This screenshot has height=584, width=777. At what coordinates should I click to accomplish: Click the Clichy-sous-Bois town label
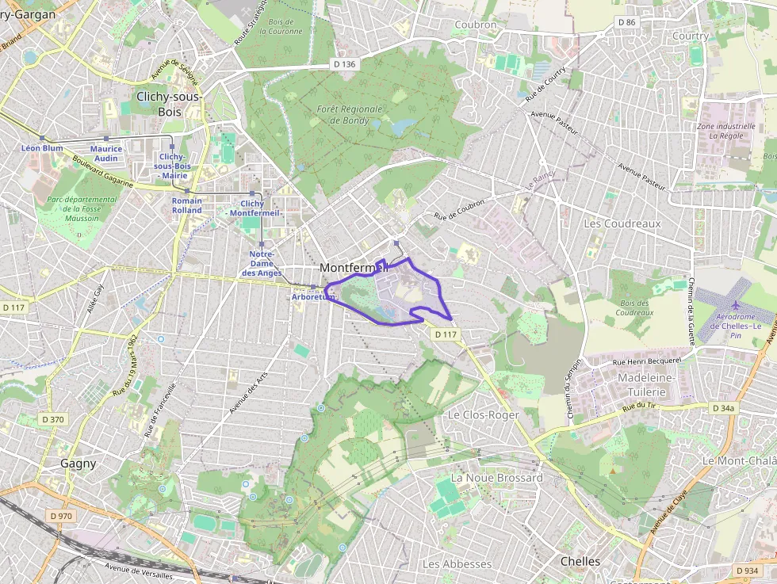coord(170,104)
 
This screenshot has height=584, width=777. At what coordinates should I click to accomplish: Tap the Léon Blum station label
coord(42,148)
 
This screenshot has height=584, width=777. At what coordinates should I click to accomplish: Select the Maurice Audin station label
coord(106,153)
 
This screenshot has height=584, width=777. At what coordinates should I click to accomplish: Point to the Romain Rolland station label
coord(187,205)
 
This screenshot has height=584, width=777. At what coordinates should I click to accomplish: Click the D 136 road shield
coord(343,64)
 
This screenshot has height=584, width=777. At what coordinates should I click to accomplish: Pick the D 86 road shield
coord(626,22)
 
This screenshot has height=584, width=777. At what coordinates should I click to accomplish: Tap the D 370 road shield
coord(52,419)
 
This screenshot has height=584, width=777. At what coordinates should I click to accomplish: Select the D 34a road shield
coord(723,409)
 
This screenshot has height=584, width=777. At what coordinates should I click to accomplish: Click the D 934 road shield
coord(747,571)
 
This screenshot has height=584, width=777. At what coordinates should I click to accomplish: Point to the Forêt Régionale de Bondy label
coord(349,115)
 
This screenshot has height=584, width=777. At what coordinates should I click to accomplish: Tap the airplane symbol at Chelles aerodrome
coord(736,304)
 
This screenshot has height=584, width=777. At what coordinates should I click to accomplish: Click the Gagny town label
coord(78,464)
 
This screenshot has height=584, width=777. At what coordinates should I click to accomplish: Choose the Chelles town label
coord(580,561)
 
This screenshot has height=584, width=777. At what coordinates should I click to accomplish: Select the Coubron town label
coord(476,25)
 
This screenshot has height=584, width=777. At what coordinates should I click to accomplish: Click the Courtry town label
coord(690,36)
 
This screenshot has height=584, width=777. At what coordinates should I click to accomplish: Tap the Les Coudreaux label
coord(622,223)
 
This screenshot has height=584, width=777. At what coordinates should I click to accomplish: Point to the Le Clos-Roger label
coord(484,415)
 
